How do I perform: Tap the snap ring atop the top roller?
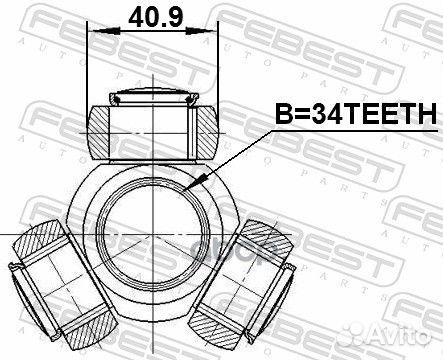pos(154,98)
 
